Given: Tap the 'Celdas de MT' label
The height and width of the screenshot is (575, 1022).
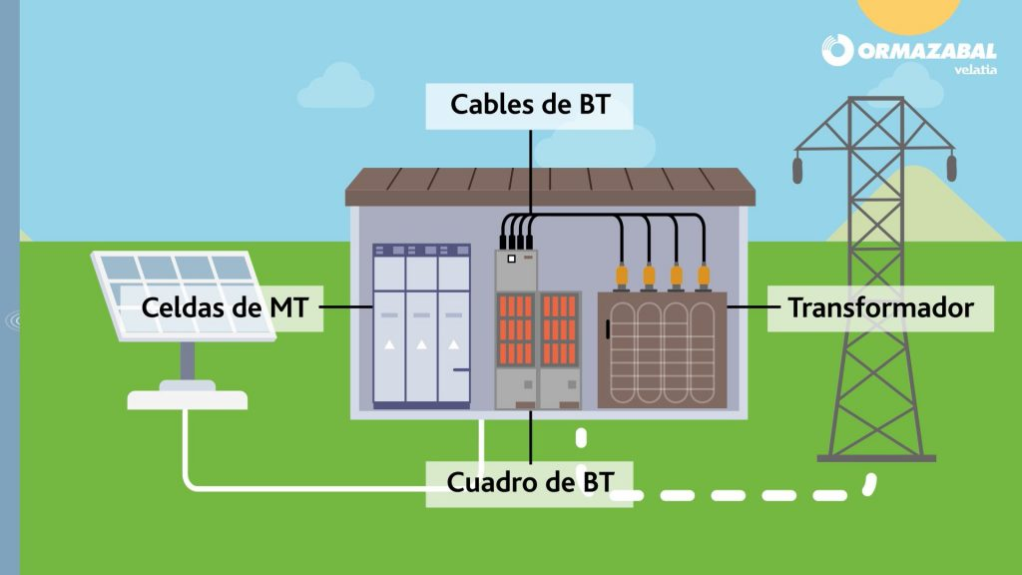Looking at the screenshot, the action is (x=224, y=307).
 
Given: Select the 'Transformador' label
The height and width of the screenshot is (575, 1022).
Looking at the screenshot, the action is (x=880, y=307).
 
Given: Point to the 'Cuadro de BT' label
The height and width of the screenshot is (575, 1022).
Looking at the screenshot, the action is (x=529, y=483).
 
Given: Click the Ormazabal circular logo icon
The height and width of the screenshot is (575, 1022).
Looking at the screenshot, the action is (x=837, y=50).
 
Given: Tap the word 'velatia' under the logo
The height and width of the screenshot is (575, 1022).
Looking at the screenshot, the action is (x=975, y=69).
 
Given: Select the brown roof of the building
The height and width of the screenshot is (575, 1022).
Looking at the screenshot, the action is (x=550, y=187).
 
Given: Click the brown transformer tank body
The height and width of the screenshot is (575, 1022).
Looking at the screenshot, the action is (x=662, y=350).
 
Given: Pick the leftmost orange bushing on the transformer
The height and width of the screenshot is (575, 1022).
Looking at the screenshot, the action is (x=621, y=277).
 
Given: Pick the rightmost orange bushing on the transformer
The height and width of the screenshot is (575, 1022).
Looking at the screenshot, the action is (x=704, y=277).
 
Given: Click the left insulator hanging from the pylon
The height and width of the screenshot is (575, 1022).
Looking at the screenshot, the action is (x=797, y=168).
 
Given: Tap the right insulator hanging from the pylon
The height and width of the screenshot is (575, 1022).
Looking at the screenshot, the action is (x=951, y=167).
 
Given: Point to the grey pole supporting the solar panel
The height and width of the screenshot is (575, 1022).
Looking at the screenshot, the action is (x=187, y=360).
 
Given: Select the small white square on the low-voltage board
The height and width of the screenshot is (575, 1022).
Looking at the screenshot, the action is (x=512, y=259).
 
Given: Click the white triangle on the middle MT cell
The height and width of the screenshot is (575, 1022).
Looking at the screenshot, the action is (x=422, y=344).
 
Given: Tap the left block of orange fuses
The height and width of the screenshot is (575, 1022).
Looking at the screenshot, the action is (x=516, y=329).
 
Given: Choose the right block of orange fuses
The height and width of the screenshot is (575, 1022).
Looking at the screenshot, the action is (x=559, y=329).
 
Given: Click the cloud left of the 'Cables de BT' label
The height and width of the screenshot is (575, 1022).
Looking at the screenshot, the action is (x=336, y=87).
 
